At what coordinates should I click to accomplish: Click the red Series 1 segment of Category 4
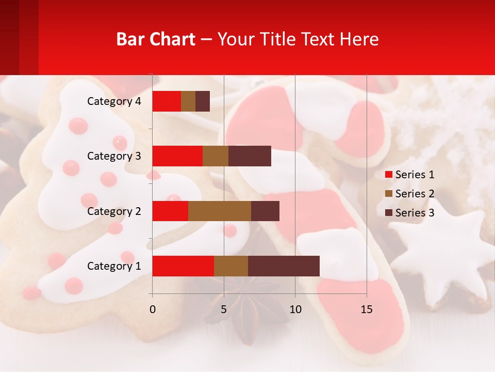(x=167, y=101)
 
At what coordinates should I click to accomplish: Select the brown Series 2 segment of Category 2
(x=219, y=211)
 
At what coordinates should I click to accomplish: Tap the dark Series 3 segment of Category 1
(x=284, y=266)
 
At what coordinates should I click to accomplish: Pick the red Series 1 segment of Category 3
(x=177, y=156)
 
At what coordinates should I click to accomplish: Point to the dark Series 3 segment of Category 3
(x=250, y=156)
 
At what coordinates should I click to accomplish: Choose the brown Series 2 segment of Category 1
(x=230, y=266)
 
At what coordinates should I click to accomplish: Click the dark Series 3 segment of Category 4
(x=203, y=101)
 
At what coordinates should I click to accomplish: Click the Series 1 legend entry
(x=409, y=175)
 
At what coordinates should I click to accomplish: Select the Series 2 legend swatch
(x=388, y=194)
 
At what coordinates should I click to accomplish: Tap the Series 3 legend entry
(x=409, y=213)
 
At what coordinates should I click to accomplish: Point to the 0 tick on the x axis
(x=152, y=309)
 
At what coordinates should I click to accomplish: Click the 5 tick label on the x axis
(x=224, y=309)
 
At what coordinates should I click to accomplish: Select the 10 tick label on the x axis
(x=295, y=309)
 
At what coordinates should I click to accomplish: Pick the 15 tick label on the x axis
(x=366, y=309)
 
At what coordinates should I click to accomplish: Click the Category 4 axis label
(x=114, y=101)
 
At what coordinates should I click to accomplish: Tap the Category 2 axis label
(x=114, y=211)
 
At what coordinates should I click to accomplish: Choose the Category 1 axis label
(x=114, y=266)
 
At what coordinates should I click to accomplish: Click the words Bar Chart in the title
(x=156, y=39)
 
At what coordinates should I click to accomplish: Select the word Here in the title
(x=359, y=39)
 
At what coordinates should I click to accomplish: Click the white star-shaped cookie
(x=441, y=258)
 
